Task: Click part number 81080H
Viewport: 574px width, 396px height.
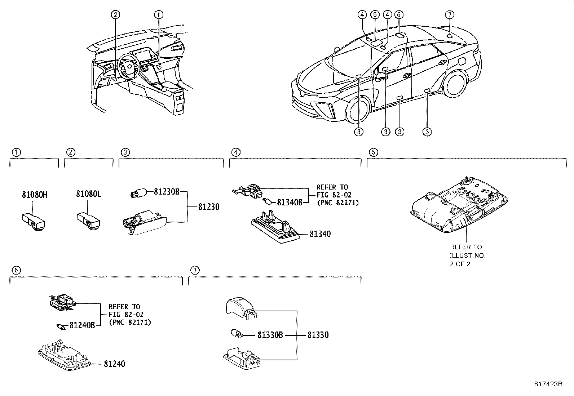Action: pyautogui.click(x=34, y=195)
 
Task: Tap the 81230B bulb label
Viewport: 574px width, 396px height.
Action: pyautogui.click(x=167, y=192)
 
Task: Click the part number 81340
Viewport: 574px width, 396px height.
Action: pyautogui.click(x=320, y=234)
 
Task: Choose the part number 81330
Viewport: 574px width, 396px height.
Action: pyautogui.click(x=318, y=335)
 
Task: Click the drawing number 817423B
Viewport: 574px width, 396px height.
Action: pyautogui.click(x=548, y=384)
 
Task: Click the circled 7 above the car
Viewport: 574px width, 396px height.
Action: pyautogui.click(x=449, y=15)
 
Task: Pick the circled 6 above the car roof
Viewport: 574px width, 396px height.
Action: pyautogui.click(x=399, y=15)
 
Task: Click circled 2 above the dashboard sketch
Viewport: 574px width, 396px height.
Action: pyautogui.click(x=115, y=15)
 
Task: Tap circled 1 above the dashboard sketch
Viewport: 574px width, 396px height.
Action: pyautogui.click(x=159, y=15)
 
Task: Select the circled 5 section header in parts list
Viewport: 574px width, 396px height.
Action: pyautogui.click(x=374, y=152)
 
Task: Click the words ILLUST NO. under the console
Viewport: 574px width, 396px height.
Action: pyautogui.click(x=467, y=255)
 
